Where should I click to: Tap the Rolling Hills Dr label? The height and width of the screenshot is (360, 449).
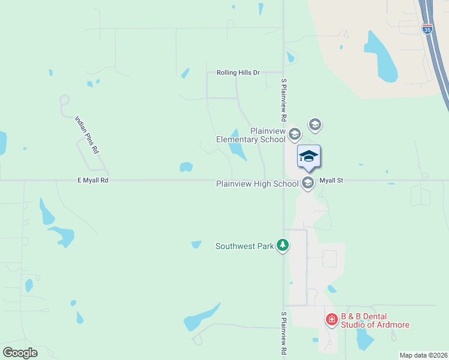click(x=238, y=73)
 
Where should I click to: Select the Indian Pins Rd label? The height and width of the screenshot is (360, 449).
click(x=86, y=135)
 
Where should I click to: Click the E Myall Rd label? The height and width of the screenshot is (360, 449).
click(x=92, y=180)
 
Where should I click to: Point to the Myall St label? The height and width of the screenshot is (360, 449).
click(x=331, y=180)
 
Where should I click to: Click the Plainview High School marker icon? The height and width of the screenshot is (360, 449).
click(x=308, y=183)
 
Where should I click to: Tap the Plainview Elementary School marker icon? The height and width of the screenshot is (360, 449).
click(x=294, y=133)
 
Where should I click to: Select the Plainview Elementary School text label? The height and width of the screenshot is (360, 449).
click(x=251, y=135)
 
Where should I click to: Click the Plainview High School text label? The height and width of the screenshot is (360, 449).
click(x=257, y=184)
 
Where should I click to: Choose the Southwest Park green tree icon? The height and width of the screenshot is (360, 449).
click(x=283, y=245)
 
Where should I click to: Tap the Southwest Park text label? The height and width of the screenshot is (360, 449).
click(x=244, y=246)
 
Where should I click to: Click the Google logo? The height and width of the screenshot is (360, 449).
click(x=20, y=352)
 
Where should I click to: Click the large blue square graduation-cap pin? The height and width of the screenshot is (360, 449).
click(x=309, y=157)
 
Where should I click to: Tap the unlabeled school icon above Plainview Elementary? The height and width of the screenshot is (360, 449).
click(x=315, y=125)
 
